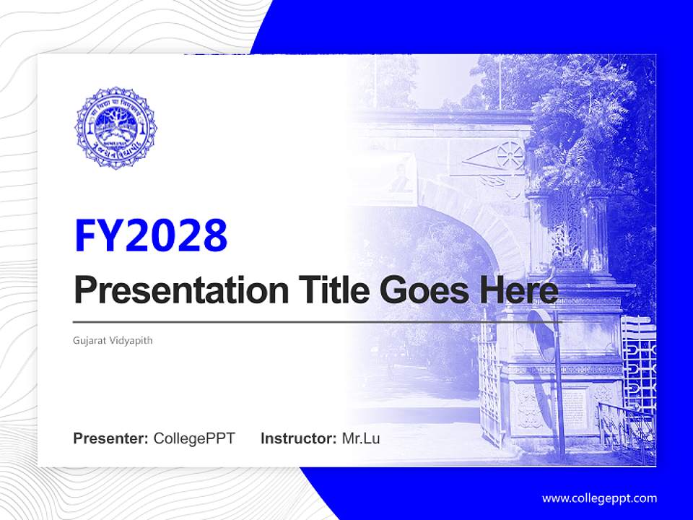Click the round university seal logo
115,129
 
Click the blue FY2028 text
151,235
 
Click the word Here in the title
518,290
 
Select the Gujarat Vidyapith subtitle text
113,339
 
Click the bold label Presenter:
111,438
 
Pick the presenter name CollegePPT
194,438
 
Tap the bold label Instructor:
298,438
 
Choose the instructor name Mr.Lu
361,438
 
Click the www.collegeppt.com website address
599,498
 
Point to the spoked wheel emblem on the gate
508,155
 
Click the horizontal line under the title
315,321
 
